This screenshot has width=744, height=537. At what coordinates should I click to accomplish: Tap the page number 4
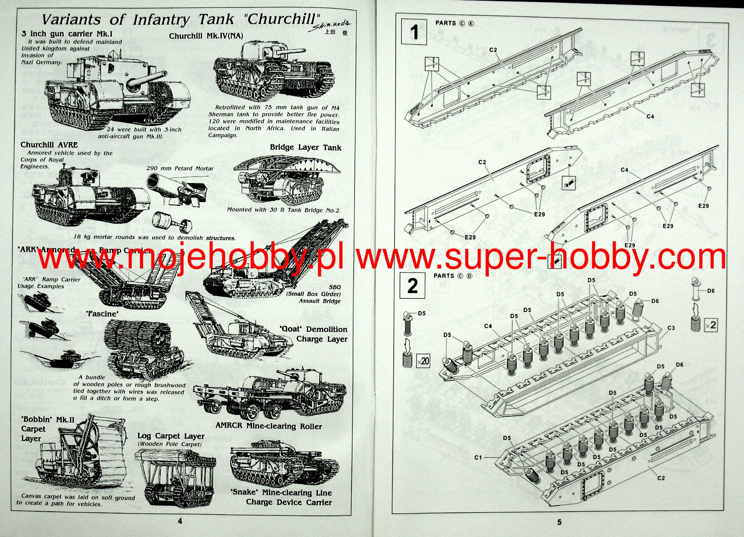(180, 521)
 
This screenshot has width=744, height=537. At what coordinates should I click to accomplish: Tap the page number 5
(559, 522)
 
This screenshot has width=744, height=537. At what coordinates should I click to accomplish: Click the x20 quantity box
(423, 361)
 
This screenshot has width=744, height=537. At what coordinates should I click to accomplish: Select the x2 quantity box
(711, 325)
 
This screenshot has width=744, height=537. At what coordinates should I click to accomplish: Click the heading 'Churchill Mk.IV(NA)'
(206, 36)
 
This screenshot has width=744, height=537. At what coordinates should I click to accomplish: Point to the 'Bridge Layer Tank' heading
(305, 147)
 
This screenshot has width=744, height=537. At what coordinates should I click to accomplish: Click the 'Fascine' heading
(102, 314)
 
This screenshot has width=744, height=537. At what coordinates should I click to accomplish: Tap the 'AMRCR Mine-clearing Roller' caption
(269, 426)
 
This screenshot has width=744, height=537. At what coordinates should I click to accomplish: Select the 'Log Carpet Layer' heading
(171, 436)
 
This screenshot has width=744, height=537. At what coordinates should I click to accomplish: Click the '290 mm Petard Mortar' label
(180, 168)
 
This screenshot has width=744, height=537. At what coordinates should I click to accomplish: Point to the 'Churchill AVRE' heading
(49, 145)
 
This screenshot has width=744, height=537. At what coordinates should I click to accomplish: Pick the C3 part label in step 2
(671, 328)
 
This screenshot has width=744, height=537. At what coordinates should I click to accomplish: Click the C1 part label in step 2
(478, 458)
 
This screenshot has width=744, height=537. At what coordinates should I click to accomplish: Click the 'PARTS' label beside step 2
(444, 276)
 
